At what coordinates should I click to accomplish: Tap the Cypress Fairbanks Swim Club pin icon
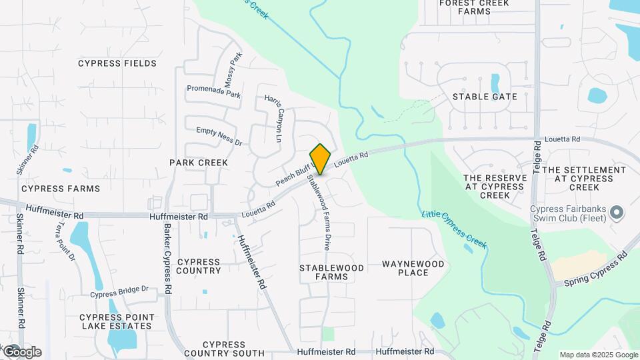pos(617,213)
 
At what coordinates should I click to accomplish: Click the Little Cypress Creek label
pos(454,230)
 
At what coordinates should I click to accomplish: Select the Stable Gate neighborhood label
pos(485,97)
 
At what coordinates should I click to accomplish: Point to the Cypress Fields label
pos(117,63)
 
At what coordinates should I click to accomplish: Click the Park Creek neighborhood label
pos(199,163)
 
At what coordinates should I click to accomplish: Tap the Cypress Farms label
pos(60,189)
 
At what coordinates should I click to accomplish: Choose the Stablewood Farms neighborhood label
pos(331,272)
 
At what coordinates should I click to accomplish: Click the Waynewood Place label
pos(413,268)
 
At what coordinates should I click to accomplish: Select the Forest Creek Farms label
pos(474,7)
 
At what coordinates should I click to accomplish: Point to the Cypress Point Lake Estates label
pos(117,321)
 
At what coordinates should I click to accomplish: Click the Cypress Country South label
pos(224,349)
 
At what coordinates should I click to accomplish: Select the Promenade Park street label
pos(213,95)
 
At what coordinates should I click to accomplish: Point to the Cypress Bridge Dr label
pos(119,292)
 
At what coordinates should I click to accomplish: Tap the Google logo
pos(22,352)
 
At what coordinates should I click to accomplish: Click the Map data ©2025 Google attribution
pos(598,355)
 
